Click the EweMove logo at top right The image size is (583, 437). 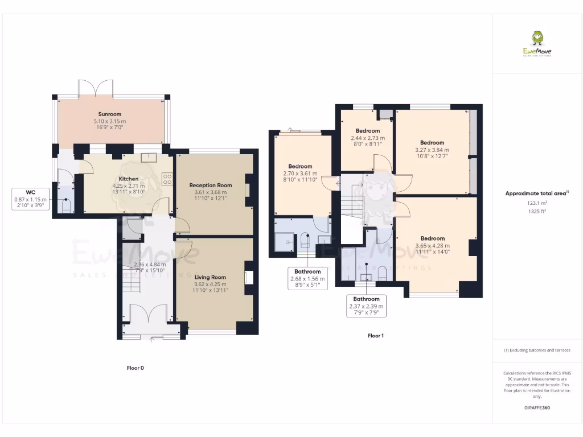pyautogui.click(x=537, y=44)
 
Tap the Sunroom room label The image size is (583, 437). pyautogui.click(x=111, y=114)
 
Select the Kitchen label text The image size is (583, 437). pyautogui.click(x=129, y=179)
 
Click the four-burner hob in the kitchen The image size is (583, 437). pyautogui.click(x=167, y=179)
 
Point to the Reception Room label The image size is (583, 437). pyautogui.click(x=211, y=185)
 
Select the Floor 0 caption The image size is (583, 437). pyautogui.click(x=135, y=368)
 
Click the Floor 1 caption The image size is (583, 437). pyautogui.click(x=375, y=336)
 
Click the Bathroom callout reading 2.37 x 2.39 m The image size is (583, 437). pyautogui.click(x=366, y=306)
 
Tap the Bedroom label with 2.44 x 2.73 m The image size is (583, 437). pyautogui.click(x=367, y=131)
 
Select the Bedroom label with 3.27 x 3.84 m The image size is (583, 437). pyautogui.click(x=432, y=143)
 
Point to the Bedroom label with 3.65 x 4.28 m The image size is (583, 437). pyautogui.click(x=432, y=238)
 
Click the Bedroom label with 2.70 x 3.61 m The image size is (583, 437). pyautogui.click(x=300, y=167)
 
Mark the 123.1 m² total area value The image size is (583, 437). pyautogui.click(x=537, y=203)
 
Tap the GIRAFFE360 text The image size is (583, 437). pyautogui.click(x=537, y=408)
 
